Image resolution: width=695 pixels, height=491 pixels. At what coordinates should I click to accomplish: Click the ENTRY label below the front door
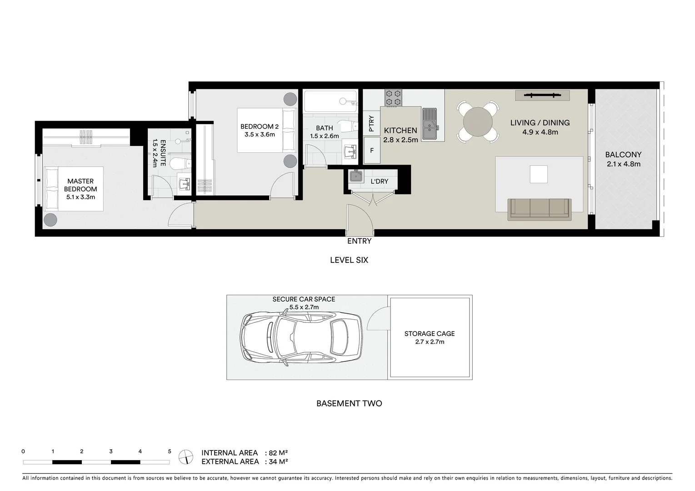[x=359, y=241]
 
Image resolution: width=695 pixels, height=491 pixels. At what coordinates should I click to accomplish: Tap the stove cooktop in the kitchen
[x=394, y=98]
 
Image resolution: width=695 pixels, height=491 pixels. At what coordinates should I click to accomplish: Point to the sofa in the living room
[x=540, y=209]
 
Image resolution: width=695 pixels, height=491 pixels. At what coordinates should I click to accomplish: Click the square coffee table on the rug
[x=539, y=174]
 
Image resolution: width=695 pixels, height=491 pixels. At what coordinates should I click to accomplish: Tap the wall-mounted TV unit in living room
[x=542, y=95]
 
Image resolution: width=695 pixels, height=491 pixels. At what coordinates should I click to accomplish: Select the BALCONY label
[x=623, y=155]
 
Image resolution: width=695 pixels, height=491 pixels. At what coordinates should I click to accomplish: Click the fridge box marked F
[x=372, y=150]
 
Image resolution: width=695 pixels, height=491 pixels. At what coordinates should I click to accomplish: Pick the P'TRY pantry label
[x=371, y=123]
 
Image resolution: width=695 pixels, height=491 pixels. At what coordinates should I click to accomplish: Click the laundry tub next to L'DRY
[x=355, y=176]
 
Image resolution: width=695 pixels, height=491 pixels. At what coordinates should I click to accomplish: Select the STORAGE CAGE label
[x=430, y=334]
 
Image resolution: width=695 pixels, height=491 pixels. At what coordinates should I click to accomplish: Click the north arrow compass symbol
[x=186, y=456]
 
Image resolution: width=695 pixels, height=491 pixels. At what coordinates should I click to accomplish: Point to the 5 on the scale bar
[x=170, y=451]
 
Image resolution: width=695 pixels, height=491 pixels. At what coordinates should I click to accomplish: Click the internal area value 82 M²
[x=279, y=453]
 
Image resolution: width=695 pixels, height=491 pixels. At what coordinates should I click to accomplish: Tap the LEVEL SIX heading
[x=349, y=260]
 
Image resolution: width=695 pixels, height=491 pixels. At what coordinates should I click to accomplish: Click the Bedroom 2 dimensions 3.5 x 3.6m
[x=260, y=135]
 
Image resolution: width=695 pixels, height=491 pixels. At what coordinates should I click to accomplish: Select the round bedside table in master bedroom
[x=50, y=220]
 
